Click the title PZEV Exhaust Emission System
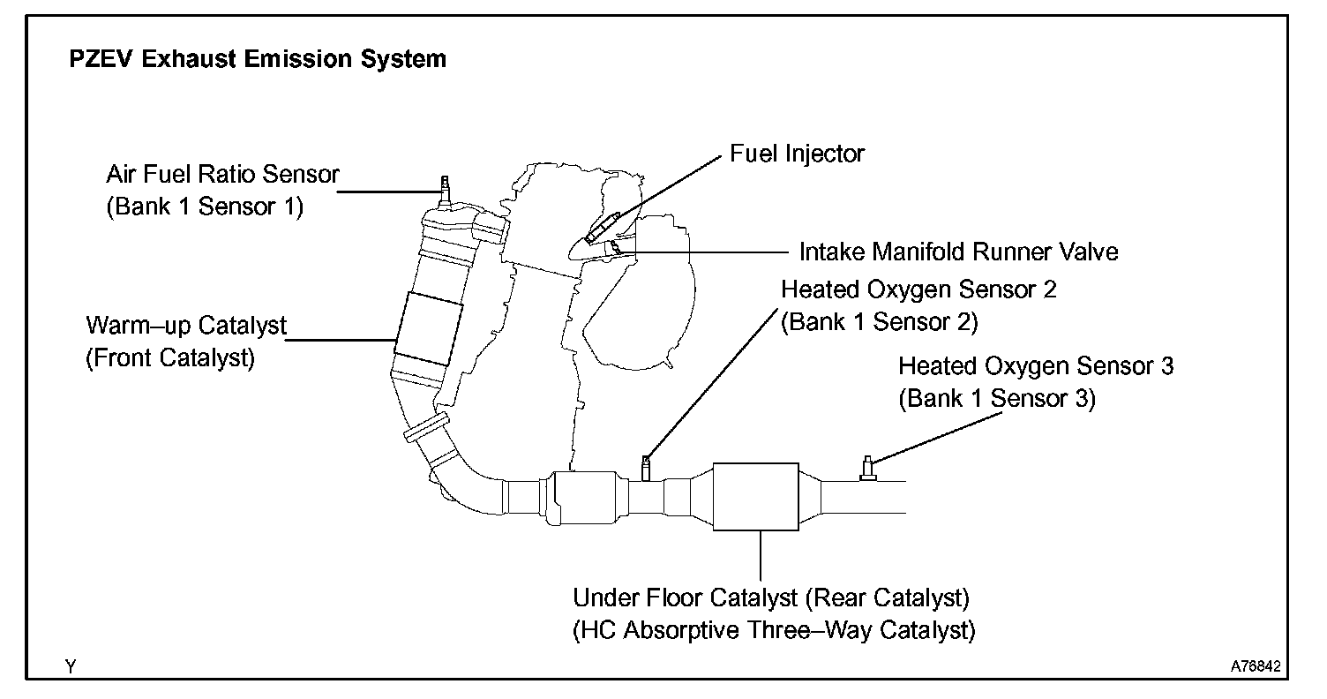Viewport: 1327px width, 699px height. [258, 60]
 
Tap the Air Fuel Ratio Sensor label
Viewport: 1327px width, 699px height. [222, 175]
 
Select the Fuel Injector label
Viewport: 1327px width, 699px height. [797, 154]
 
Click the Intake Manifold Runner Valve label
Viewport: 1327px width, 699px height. [958, 252]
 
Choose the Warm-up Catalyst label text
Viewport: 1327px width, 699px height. [186, 326]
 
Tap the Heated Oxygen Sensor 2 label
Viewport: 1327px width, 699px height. [918, 289]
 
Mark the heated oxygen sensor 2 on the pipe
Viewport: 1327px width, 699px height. [647, 468]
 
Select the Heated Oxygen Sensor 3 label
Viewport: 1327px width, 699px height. [1036, 365]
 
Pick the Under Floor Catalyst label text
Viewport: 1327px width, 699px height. [771, 598]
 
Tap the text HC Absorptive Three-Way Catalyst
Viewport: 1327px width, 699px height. [774, 632]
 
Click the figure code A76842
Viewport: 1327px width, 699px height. [1256, 667]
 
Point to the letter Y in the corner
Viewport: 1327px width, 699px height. [71, 668]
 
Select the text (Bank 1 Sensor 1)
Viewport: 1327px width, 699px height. [205, 207]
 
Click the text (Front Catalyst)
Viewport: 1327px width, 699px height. [170, 359]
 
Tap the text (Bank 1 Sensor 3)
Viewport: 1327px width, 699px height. [997, 399]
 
